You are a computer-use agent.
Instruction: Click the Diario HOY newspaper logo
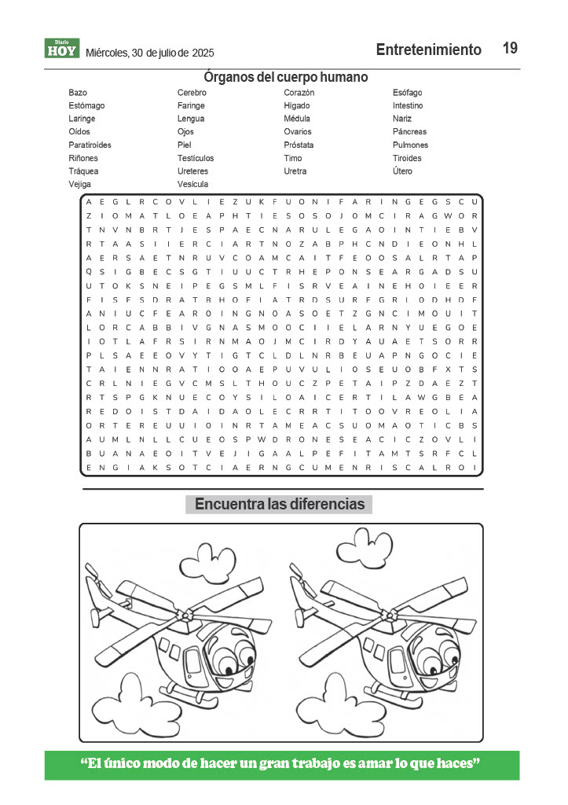coord(62,50)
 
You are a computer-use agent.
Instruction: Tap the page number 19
coord(510,49)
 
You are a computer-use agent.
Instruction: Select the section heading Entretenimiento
coord(428,50)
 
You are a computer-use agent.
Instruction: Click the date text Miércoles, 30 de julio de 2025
coord(149,53)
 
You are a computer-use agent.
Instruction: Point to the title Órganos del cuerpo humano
coord(285,77)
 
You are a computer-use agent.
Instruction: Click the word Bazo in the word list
coord(78,93)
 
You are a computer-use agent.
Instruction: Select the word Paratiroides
coord(90,145)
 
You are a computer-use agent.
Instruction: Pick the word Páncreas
coord(409,132)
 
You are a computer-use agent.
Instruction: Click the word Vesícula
coord(192,184)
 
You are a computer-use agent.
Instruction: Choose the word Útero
coord(402,171)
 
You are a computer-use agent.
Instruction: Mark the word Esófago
coord(407,93)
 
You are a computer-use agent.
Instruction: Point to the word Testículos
coord(195,158)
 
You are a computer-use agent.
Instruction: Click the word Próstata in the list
coord(299,145)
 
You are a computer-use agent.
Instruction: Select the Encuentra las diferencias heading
coord(279,504)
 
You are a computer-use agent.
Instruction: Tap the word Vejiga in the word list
coord(80,184)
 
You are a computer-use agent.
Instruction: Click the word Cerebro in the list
coord(192,93)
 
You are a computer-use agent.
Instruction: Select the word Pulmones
coord(410,145)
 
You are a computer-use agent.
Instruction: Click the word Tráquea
coord(82,171)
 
